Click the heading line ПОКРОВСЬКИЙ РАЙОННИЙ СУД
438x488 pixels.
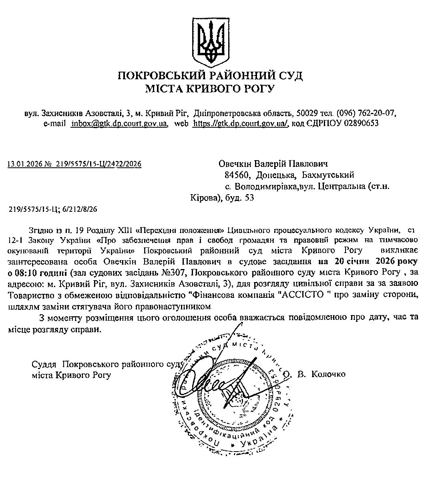tap(210, 76)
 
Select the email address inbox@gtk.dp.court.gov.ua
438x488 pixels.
tap(119, 124)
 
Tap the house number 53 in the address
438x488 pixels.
tap(249, 198)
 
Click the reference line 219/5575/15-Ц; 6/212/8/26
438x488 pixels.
tap(53, 209)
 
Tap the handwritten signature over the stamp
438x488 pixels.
tap(216, 380)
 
